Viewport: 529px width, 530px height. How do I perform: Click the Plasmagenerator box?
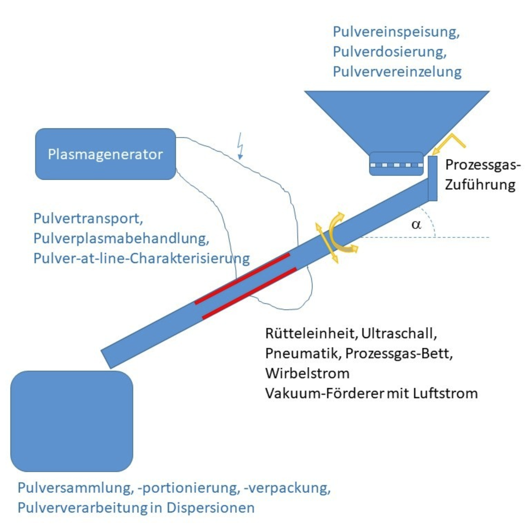tap(105, 154)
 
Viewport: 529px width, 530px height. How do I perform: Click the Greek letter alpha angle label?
tap(416, 225)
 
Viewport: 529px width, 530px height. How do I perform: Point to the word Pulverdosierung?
tap(389, 52)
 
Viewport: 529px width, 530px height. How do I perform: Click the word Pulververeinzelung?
tap(397, 72)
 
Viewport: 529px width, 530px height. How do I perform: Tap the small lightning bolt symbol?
tap(241, 146)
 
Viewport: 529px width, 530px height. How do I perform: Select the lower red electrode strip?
tap(249, 293)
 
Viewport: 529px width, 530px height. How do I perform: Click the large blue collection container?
tap(72, 421)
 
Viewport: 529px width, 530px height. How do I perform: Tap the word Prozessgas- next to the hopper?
tap(483, 165)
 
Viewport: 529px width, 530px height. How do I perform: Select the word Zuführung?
tap(480, 185)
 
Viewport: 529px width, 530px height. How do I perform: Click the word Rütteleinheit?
tap(311, 333)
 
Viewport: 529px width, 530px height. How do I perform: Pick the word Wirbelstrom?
tap(307, 374)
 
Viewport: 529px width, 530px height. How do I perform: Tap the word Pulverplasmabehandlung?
tap(121, 238)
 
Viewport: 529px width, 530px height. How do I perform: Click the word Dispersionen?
tap(210, 508)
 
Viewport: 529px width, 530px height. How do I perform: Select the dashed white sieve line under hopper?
tap(396, 165)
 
